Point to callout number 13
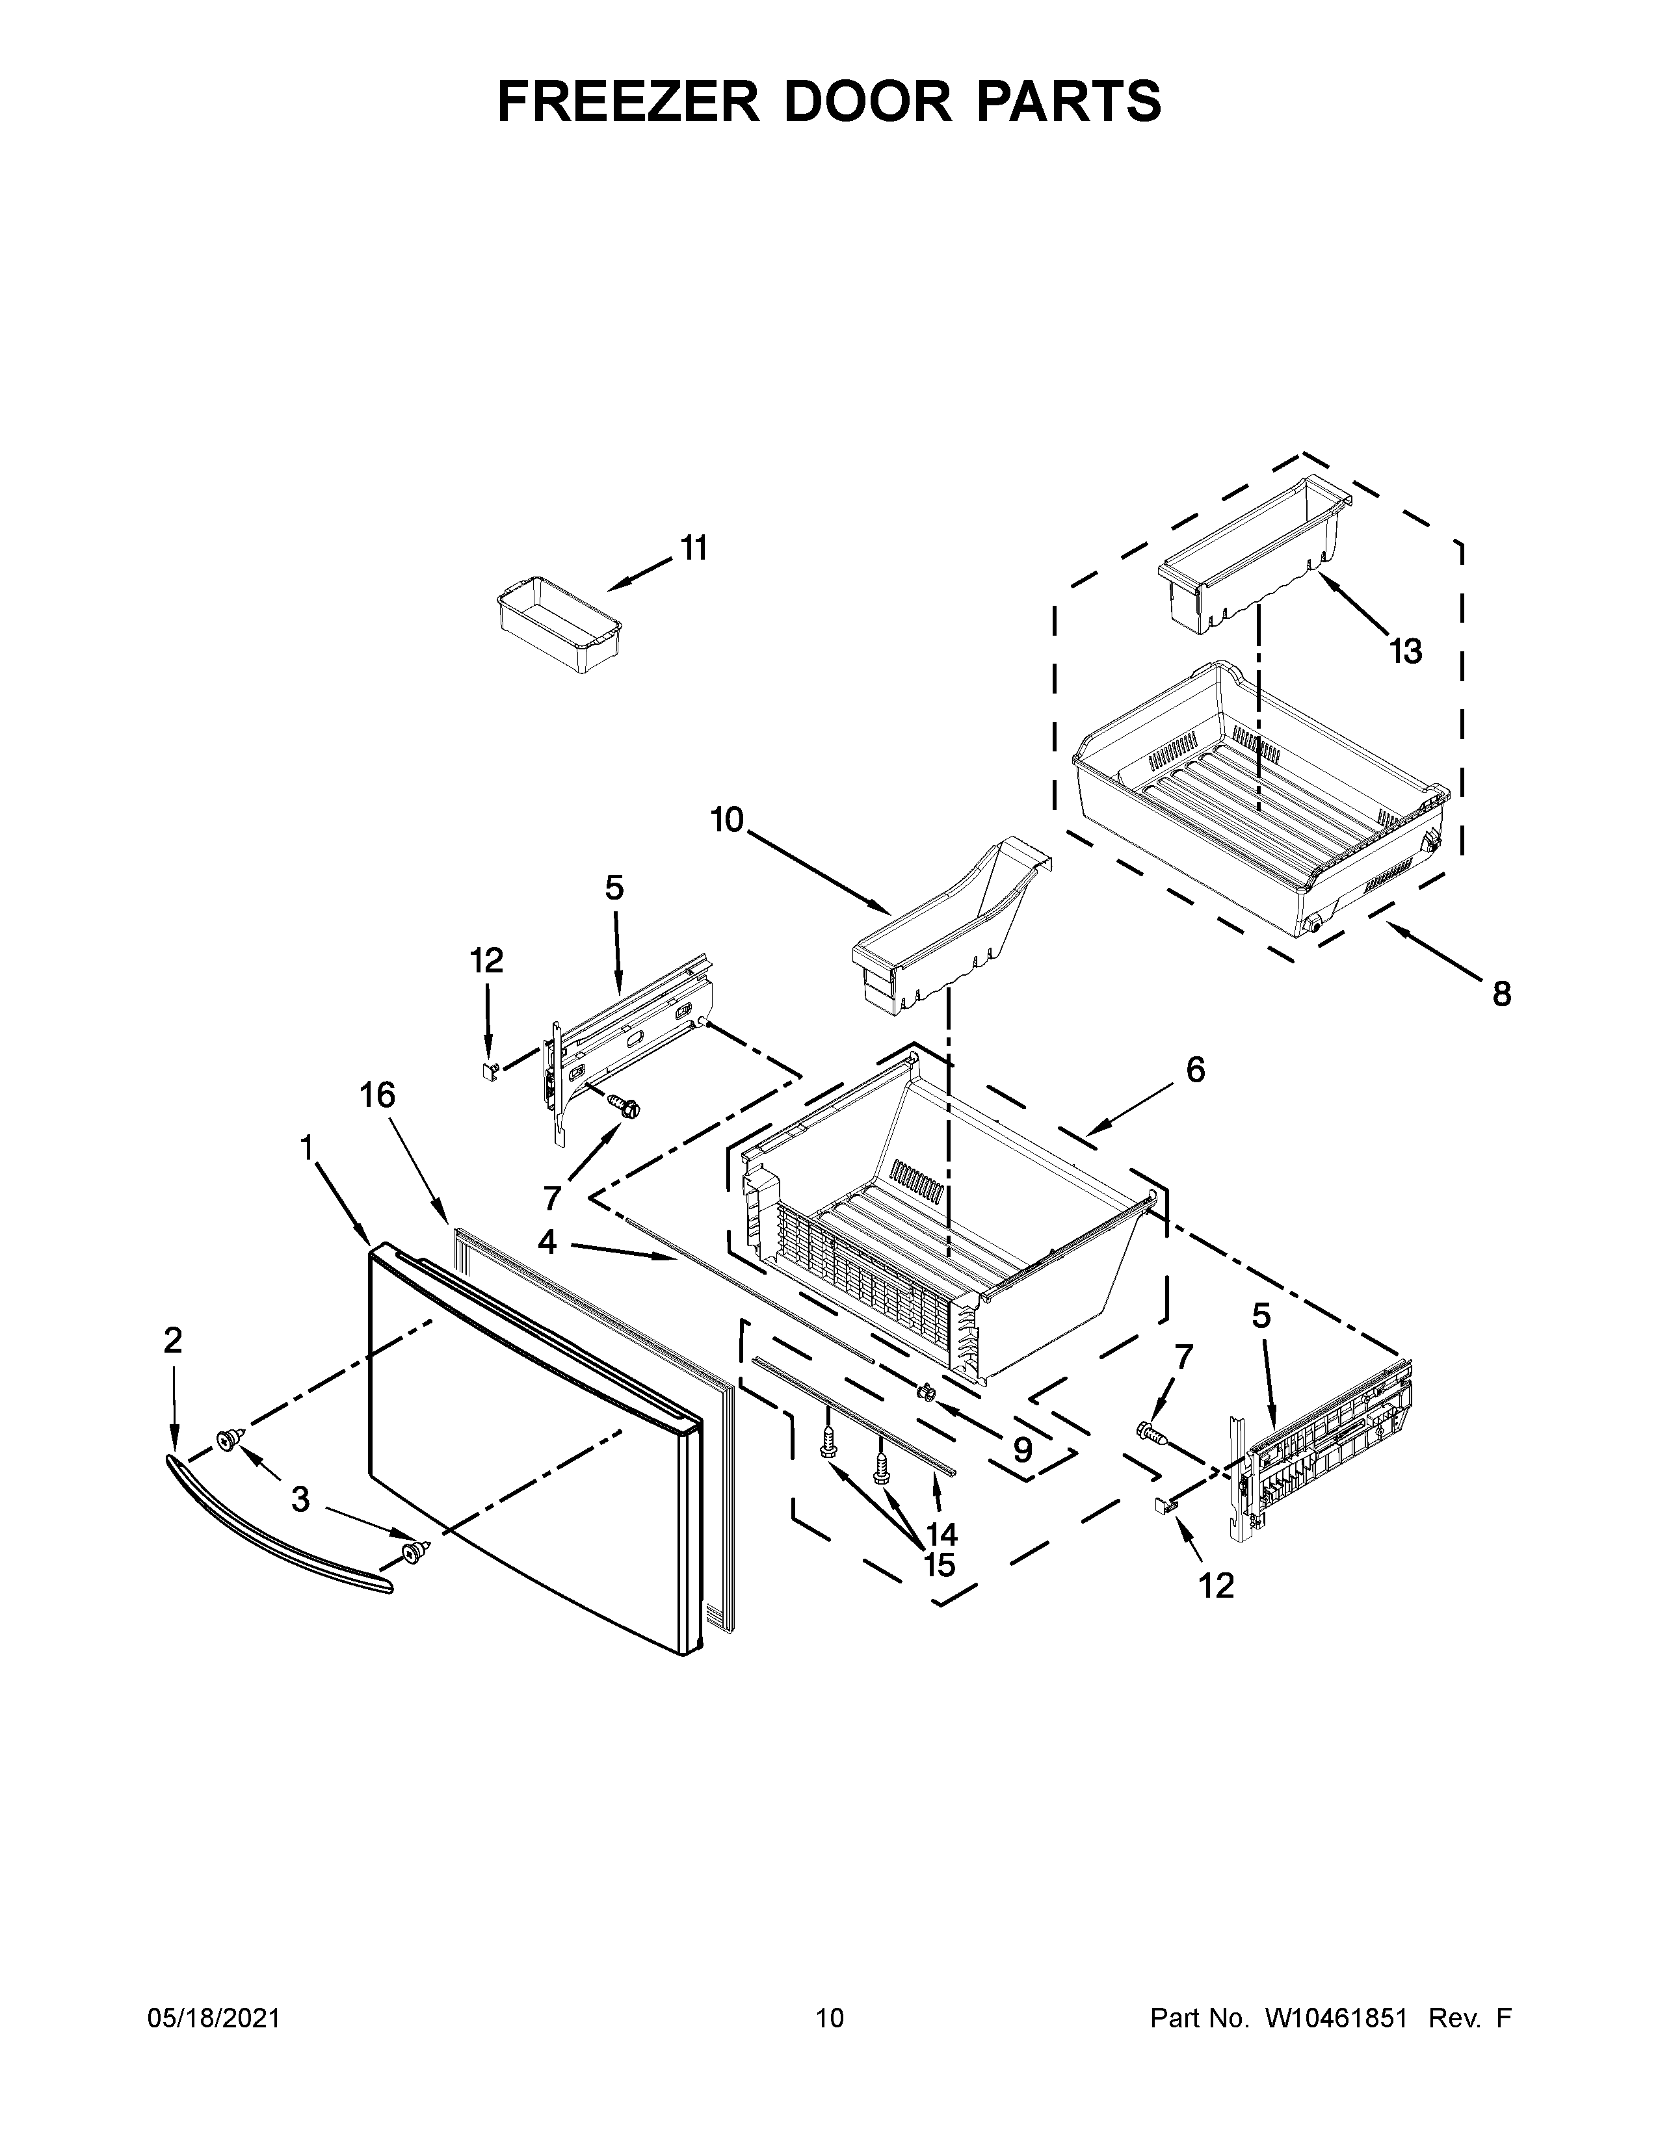1406,651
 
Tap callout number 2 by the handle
173,1340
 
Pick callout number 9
1023,1449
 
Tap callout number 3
300,1500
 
